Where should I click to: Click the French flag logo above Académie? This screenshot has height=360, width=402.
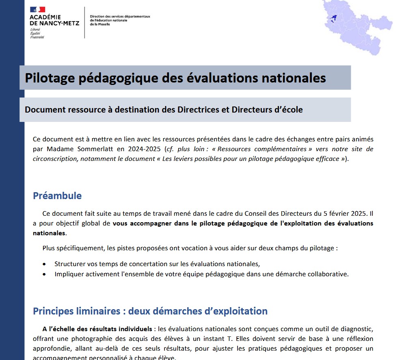37,9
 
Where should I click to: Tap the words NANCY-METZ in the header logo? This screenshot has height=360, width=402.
54,23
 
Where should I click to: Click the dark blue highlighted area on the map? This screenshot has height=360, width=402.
333,17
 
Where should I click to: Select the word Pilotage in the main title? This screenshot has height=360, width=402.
48,78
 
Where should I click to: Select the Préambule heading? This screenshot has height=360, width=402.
57,195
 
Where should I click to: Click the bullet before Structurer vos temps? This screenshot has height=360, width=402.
44,264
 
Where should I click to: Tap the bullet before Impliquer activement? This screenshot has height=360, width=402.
44,274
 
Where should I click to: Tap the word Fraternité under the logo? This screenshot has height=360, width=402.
37,37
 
